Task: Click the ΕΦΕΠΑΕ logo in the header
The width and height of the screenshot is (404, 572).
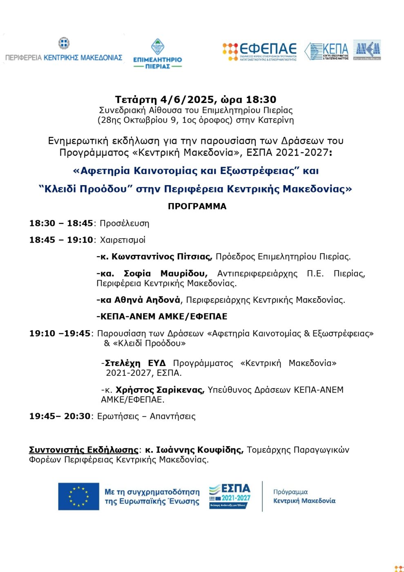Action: click(x=260, y=51)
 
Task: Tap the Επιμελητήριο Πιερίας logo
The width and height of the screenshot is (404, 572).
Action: click(x=158, y=54)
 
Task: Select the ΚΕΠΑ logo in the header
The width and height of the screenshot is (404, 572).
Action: click(x=327, y=51)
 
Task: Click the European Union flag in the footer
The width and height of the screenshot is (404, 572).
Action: click(x=78, y=496)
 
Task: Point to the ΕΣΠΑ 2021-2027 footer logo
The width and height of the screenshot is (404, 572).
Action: click(x=230, y=496)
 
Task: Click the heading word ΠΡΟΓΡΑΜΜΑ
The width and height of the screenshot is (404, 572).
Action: click(x=197, y=206)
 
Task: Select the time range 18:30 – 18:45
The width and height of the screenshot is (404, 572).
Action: click(x=61, y=223)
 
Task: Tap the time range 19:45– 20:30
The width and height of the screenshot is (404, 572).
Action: click(x=60, y=416)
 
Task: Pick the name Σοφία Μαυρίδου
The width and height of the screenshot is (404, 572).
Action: click(x=165, y=273)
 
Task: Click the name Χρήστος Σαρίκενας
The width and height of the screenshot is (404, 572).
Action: click(x=160, y=390)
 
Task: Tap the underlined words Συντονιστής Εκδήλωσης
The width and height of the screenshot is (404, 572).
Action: click(x=84, y=450)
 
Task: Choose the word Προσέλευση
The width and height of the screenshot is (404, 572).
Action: click(x=125, y=223)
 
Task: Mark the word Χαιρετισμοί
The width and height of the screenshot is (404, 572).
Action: click(x=123, y=240)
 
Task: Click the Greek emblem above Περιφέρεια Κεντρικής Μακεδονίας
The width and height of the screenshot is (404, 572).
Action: click(x=64, y=43)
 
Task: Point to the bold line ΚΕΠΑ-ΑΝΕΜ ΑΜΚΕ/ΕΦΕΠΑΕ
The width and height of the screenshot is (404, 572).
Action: click(x=162, y=316)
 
